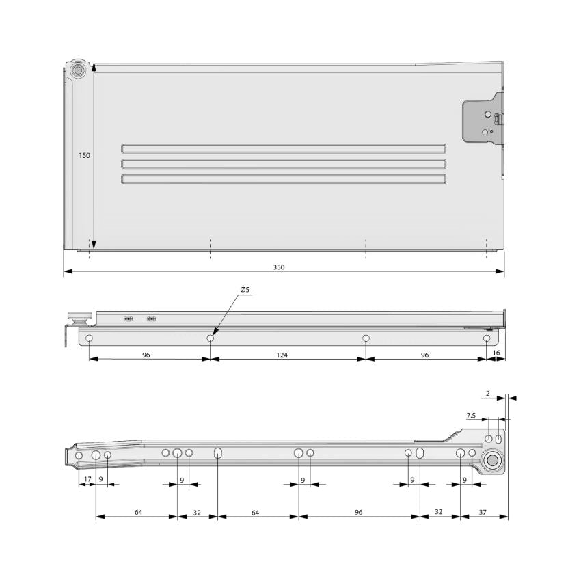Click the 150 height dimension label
[x=84, y=156]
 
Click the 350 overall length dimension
[x=279, y=267]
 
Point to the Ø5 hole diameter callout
[x=245, y=290]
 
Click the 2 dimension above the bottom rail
[x=487, y=394]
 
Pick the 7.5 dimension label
[x=471, y=416]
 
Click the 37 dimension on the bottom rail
[x=483, y=511]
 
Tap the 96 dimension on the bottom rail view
[x=358, y=511]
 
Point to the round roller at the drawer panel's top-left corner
[x=78, y=70]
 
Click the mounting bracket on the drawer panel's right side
[x=485, y=121]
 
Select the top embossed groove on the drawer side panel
[x=283, y=148]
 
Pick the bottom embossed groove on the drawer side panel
[x=283, y=179]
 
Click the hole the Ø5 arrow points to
[x=211, y=338]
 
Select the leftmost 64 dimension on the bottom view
[x=139, y=511]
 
